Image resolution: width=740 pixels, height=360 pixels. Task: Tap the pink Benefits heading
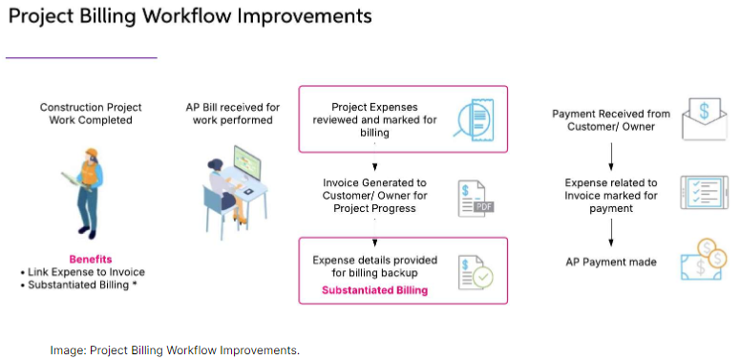click(91, 259)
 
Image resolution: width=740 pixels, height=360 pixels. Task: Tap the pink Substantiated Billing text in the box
click(374, 289)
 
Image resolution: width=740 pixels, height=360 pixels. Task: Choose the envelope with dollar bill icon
click(708, 116)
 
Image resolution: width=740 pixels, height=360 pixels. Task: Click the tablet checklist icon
click(707, 193)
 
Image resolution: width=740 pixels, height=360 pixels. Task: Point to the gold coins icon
click(708, 261)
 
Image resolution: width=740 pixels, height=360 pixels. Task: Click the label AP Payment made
click(611, 262)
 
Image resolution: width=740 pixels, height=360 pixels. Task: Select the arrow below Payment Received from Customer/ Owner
click(611, 155)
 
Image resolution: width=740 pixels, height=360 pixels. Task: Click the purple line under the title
click(81, 58)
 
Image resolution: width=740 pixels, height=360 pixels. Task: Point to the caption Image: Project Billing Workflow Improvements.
click(175, 350)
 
